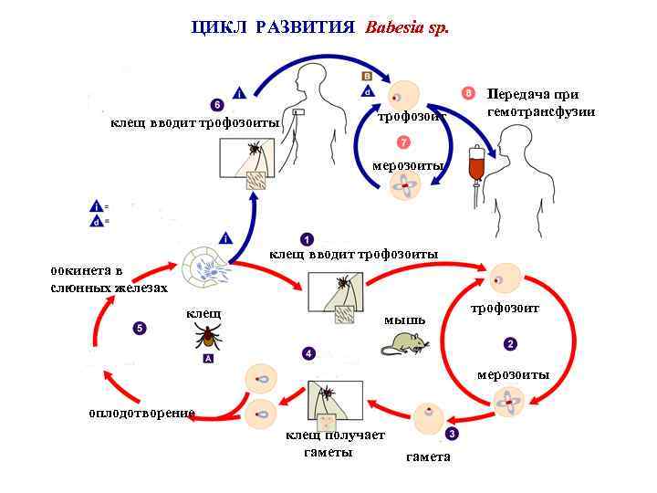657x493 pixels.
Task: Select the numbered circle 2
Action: click(x=510, y=343)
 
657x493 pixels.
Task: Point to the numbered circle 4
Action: click(x=309, y=353)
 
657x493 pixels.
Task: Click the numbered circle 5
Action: click(x=139, y=327)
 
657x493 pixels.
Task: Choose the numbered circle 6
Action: click(x=216, y=104)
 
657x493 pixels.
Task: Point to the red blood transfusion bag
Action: click(x=474, y=166)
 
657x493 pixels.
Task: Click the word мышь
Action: click(x=404, y=320)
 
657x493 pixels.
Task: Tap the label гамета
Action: click(x=428, y=456)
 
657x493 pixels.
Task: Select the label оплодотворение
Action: click(x=141, y=413)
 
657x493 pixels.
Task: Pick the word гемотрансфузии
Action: click(x=541, y=111)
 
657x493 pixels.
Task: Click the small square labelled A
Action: click(x=208, y=359)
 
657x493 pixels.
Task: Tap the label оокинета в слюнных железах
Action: click(x=108, y=279)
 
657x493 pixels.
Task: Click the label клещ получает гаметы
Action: click(x=335, y=443)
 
